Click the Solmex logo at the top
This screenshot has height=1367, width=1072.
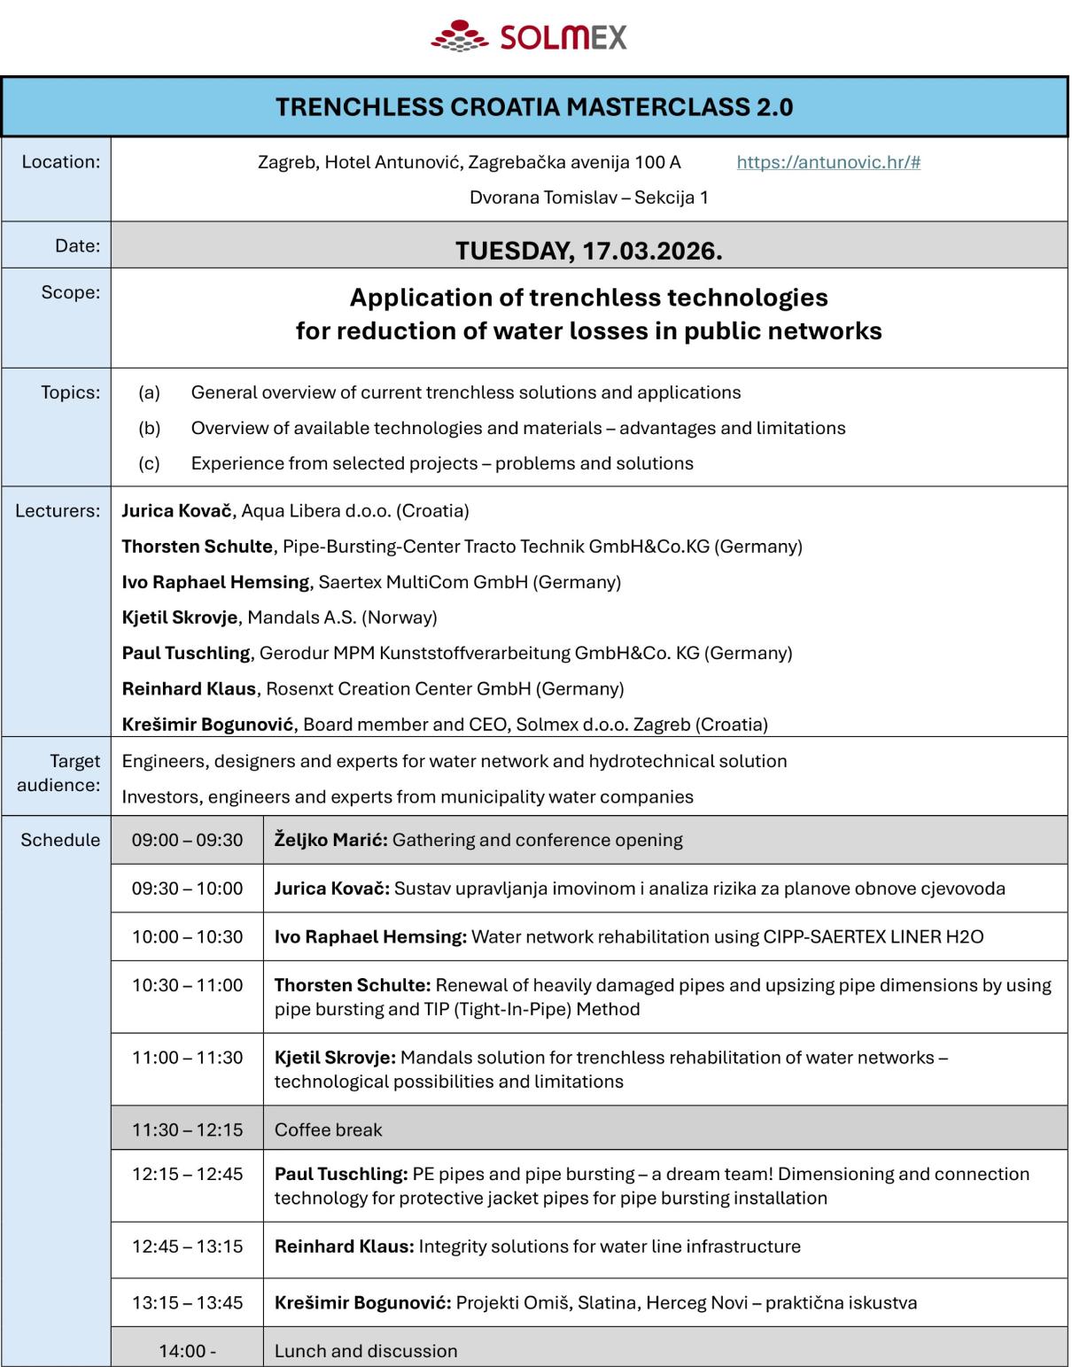530,36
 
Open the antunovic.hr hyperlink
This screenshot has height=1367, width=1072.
828,162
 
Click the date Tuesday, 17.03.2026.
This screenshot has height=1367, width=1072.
588,251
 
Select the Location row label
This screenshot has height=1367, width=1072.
61,161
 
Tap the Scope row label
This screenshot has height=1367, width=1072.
71,292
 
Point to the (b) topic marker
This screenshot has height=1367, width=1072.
149,428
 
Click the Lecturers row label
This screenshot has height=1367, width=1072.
58,510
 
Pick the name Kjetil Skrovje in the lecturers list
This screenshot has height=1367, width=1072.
180,617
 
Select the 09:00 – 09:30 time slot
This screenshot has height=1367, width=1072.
187,840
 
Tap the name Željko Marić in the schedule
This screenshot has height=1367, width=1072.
330,840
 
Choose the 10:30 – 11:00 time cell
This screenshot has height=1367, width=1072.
187,985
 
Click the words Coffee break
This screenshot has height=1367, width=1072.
328,1130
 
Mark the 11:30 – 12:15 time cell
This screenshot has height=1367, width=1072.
187,1130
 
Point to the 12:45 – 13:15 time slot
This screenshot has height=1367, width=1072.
187,1247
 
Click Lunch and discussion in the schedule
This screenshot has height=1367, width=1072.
366,1351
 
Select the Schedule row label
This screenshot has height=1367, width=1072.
60,840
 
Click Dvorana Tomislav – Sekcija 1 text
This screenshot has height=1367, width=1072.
588,198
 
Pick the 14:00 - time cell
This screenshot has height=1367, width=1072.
187,1351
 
